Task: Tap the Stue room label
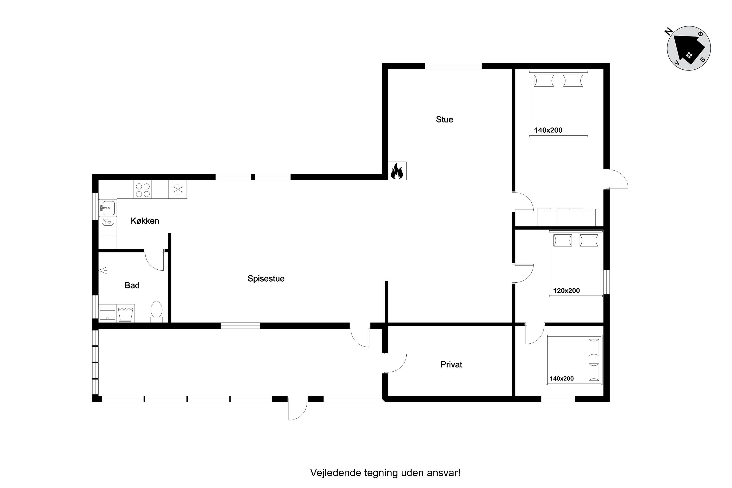click(x=444, y=119)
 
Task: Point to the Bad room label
click(x=132, y=285)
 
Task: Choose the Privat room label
click(x=451, y=364)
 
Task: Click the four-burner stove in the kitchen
click(x=143, y=189)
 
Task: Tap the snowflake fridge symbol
click(x=178, y=189)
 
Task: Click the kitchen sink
click(x=107, y=208)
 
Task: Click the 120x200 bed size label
click(x=567, y=291)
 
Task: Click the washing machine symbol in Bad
click(x=126, y=313)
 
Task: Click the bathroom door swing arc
click(x=152, y=264)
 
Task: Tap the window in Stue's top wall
click(x=453, y=66)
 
